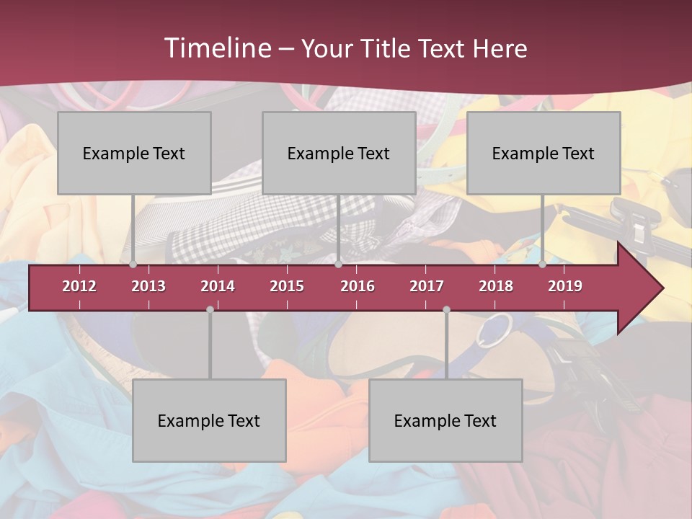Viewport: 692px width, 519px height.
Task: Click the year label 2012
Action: click(79, 286)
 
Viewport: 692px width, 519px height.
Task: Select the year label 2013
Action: click(148, 286)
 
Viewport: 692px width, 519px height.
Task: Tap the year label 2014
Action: click(218, 286)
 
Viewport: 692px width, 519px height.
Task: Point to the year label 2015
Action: click(287, 286)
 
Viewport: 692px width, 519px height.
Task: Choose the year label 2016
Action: click(358, 286)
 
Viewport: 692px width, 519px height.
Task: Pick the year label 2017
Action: click(427, 286)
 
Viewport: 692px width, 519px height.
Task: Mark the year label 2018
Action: click(496, 286)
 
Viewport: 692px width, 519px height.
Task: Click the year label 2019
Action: click(565, 286)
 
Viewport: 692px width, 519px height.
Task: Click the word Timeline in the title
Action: click(216, 48)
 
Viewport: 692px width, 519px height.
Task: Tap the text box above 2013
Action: click(134, 153)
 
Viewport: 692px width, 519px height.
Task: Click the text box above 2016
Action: click(339, 153)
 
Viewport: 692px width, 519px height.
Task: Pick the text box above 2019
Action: click(544, 153)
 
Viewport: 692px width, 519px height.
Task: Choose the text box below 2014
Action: click(209, 420)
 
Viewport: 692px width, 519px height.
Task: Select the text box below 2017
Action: click(445, 420)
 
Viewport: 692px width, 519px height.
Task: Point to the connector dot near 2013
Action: click(133, 265)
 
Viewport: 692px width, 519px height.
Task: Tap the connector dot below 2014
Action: click(210, 309)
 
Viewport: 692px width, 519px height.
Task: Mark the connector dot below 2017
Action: click(446, 309)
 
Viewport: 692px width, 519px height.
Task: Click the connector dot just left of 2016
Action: click(338, 265)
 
